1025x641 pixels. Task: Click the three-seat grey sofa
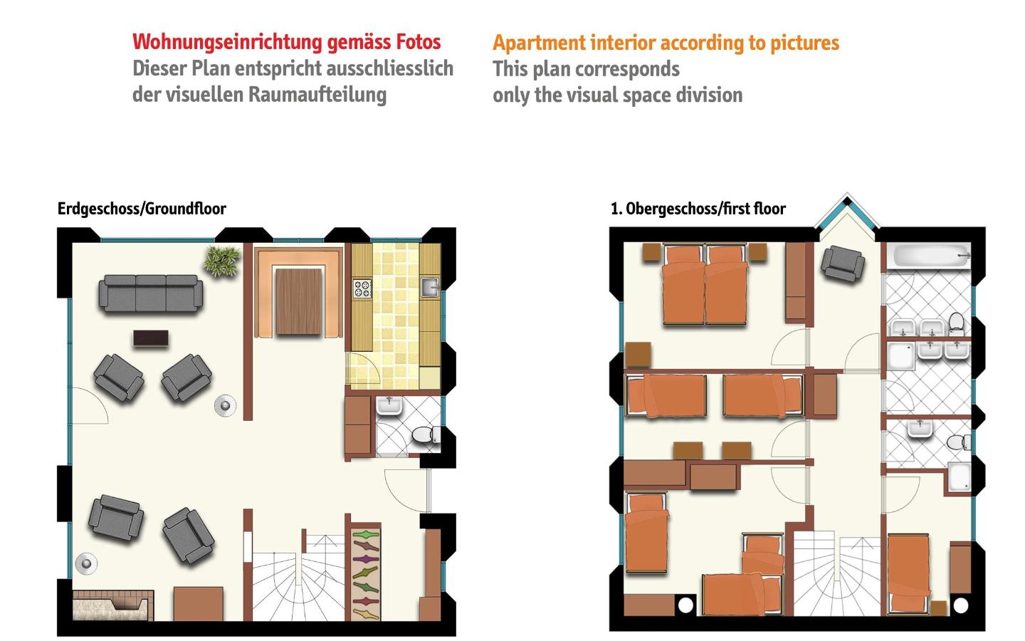[151, 293]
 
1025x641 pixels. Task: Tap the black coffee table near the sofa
[151, 338]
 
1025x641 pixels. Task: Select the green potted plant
[222, 261]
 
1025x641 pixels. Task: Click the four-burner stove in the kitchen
[362, 288]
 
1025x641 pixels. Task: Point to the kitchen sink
[429, 286]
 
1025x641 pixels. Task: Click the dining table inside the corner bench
[299, 302]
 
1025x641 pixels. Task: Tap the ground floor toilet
[426, 435]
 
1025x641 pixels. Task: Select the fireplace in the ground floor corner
[113, 605]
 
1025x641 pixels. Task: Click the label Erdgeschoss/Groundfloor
[142, 209]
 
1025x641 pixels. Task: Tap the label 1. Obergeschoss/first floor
[698, 209]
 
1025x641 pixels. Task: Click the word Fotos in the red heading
[419, 41]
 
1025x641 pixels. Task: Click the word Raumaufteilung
[317, 95]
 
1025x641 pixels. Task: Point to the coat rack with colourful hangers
[366, 575]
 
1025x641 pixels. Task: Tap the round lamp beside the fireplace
[87, 563]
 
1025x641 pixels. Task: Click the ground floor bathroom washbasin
[389, 406]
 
